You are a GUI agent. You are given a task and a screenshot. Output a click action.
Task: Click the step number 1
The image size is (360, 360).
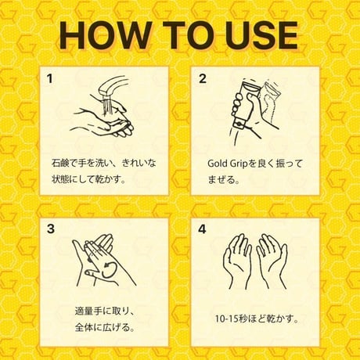[x=49, y=79]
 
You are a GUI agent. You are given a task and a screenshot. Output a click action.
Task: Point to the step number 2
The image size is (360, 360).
[x=203, y=79]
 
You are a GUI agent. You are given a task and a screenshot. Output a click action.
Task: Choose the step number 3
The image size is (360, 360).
[x=51, y=229]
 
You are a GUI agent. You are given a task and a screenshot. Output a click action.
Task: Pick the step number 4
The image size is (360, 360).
[x=202, y=229]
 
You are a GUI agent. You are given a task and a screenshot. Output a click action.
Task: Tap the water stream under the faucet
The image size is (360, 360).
[x=107, y=105]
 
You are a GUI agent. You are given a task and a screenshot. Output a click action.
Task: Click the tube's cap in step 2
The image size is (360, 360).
[x=239, y=124]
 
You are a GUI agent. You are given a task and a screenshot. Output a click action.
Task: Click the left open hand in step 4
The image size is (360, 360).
[x=237, y=261]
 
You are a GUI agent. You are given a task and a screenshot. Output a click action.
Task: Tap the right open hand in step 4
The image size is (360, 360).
[x=272, y=261]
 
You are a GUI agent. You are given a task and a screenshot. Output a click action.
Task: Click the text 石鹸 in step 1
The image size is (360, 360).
[x=61, y=164]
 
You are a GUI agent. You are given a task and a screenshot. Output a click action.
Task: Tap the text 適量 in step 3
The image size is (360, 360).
[x=84, y=311]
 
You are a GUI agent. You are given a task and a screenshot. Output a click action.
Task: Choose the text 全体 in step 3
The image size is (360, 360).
[x=84, y=327]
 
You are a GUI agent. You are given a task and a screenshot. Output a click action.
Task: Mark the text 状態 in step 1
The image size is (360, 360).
[x=61, y=179]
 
